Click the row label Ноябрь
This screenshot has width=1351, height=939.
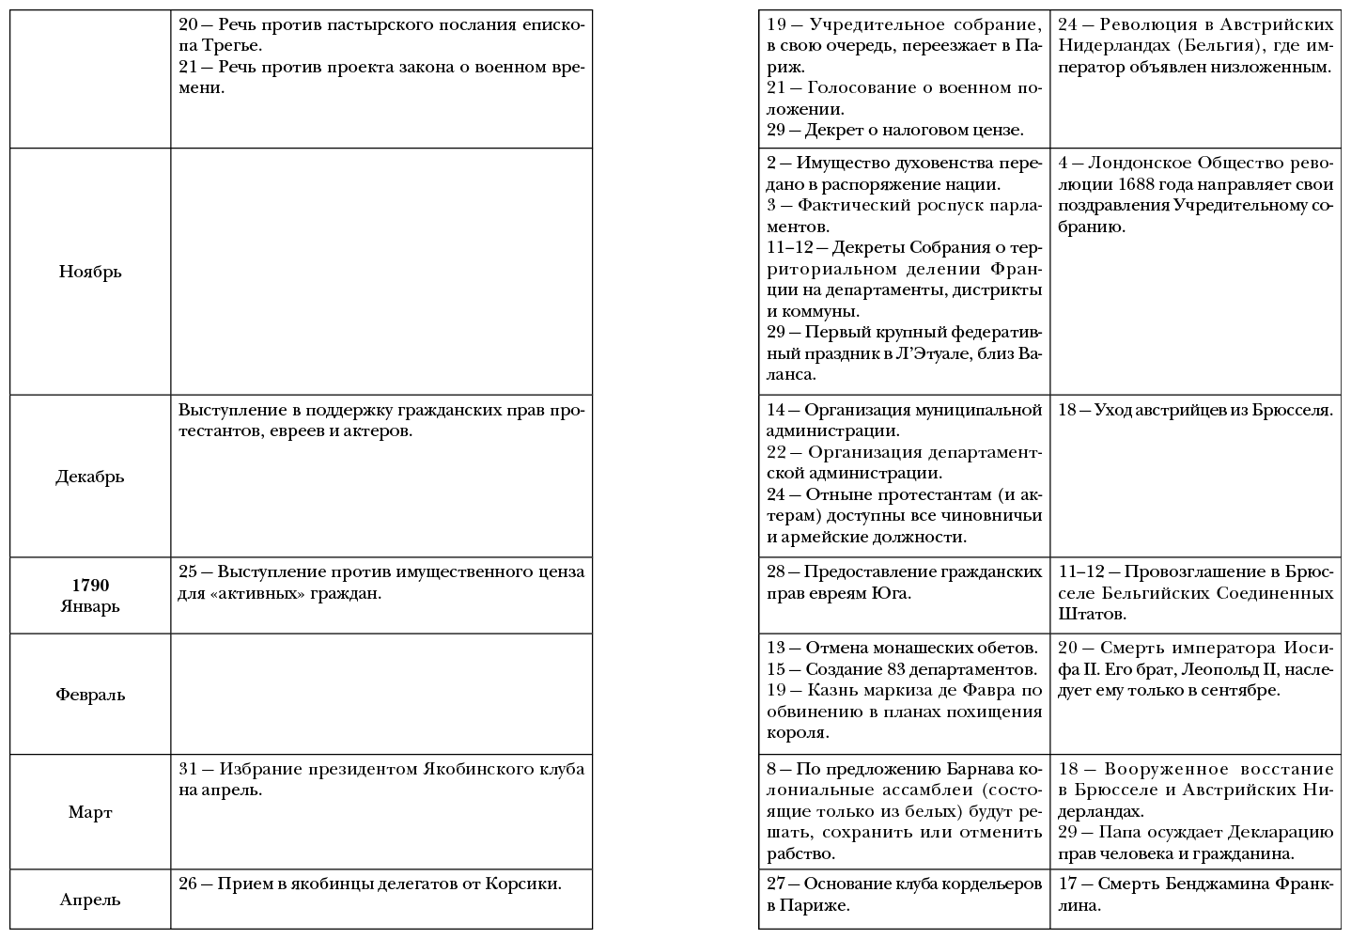90,272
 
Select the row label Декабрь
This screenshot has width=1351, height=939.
90,476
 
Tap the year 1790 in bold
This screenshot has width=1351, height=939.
90,586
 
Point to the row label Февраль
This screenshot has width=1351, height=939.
90,695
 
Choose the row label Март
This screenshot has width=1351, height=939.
90,812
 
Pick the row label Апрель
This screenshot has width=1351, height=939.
90,900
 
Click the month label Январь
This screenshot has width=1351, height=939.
90,606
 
